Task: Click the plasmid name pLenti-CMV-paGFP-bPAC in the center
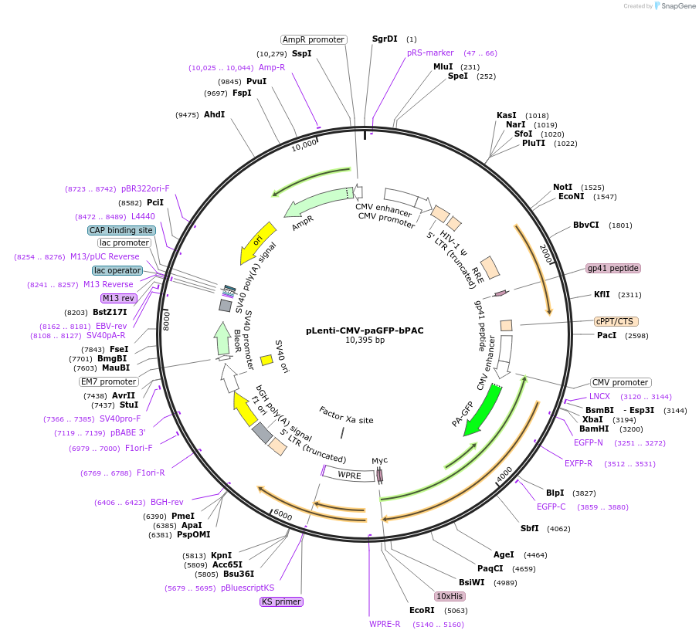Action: pyautogui.click(x=364, y=330)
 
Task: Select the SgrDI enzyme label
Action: pyautogui.click(x=385, y=39)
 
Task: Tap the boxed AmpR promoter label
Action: pyautogui.click(x=313, y=39)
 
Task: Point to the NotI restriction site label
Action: pyautogui.click(x=562, y=187)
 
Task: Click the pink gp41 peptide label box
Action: pyautogui.click(x=613, y=268)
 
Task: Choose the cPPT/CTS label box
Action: pyautogui.click(x=616, y=321)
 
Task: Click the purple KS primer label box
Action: pyautogui.click(x=281, y=601)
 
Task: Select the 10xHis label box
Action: pyautogui.click(x=449, y=596)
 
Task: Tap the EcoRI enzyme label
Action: pyautogui.click(x=422, y=610)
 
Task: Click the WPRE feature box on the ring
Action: pyautogui.click(x=349, y=475)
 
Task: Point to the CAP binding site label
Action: pyautogui.click(x=121, y=230)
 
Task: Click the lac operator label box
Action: pyautogui.click(x=117, y=270)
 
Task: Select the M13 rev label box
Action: pyautogui.click(x=118, y=298)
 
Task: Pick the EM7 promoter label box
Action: pyautogui.click(x=108, y=381)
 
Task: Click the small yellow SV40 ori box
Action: pyautogui.click(x=266, y=360)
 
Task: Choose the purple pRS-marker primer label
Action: pyautogui.click(x=430, y=53)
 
